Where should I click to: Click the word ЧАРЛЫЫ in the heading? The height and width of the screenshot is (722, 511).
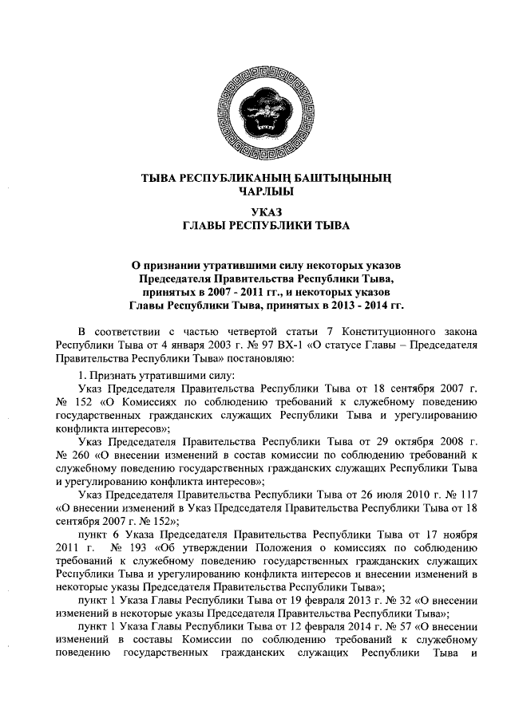pyautogui.click(x=255, y=191)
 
